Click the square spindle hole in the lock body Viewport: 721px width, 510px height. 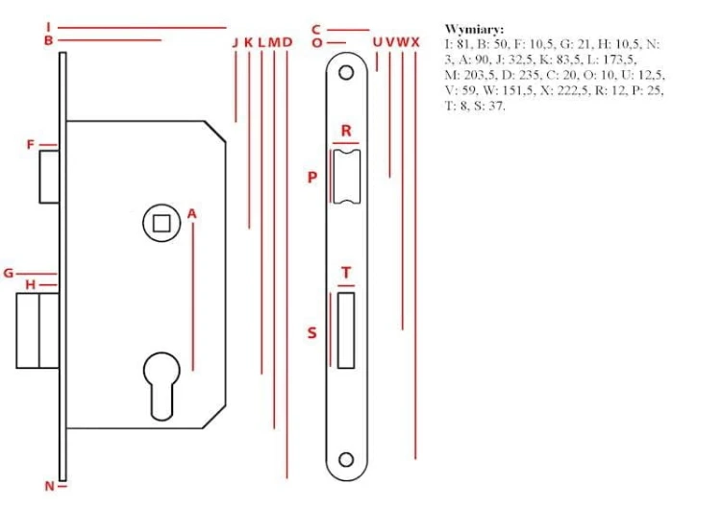point(162,224)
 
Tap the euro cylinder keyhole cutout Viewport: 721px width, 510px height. point(162,386)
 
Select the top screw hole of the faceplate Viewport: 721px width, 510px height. point(346,72)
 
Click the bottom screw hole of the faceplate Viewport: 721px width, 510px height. point(346,459)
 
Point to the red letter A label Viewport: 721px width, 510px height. point(191,213)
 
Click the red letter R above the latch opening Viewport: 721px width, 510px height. point(346,131)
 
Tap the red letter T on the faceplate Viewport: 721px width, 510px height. point(346,273)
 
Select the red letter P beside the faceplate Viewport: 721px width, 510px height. point(312,177)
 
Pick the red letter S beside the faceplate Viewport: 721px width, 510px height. point(312,332)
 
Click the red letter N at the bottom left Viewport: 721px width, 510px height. point(50,486)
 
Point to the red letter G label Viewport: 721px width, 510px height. point(9,274)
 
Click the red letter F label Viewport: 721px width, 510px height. point(31,145)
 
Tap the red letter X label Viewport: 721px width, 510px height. point(415,42)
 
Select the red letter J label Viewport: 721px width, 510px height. point(236,42)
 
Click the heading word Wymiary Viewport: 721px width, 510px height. point(474,30)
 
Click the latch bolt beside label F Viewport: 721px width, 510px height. point(49,177)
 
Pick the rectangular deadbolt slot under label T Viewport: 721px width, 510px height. point(346,330)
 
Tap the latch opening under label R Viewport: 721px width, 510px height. point(346,177)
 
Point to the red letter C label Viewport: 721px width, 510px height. point(316,30)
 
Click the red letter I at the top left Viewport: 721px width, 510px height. point(48,27)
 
